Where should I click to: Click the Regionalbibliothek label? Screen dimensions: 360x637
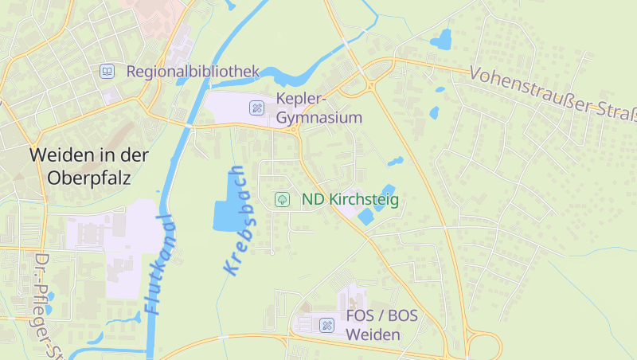click(193, 72)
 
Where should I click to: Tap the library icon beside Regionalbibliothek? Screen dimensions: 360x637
click(107, 72)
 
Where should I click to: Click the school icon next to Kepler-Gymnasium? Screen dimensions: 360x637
click(256, 108)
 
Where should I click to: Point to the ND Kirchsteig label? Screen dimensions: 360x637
click(350, 199)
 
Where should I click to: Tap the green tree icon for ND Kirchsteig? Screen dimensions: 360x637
click(281, 199)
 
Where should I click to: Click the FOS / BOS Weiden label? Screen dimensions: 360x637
click(381, 325)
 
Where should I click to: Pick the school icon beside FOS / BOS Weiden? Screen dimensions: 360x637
click(326, 325)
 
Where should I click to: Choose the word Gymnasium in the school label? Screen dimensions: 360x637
click(319, 118)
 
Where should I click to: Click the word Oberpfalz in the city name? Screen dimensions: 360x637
click(89, 177)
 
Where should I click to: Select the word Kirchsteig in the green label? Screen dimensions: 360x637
click(364, 199)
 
